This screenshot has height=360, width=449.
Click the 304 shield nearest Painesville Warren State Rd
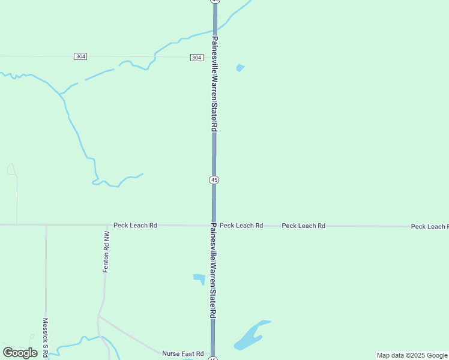point(196,57)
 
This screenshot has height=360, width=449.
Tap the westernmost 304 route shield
point(81,56)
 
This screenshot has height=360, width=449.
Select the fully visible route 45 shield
point(214,180)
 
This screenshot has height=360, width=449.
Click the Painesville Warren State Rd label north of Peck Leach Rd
point(214,84)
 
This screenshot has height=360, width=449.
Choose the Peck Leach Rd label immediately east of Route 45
point(241,226)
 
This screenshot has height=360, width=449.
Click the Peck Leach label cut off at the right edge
point(430,227)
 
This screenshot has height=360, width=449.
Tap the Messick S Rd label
point(46,337)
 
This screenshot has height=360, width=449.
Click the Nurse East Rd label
point(182,354)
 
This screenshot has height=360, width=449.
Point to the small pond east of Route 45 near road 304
point(241,68)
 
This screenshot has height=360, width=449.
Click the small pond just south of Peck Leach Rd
point(199,278)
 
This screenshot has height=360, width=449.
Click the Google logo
point(20,353)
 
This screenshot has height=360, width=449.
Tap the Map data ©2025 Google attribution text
point(412,355)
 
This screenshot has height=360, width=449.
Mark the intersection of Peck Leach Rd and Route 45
point(214,226)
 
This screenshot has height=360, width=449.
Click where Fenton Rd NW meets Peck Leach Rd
point(106,226)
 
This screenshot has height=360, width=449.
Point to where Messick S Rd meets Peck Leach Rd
point(46,226)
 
